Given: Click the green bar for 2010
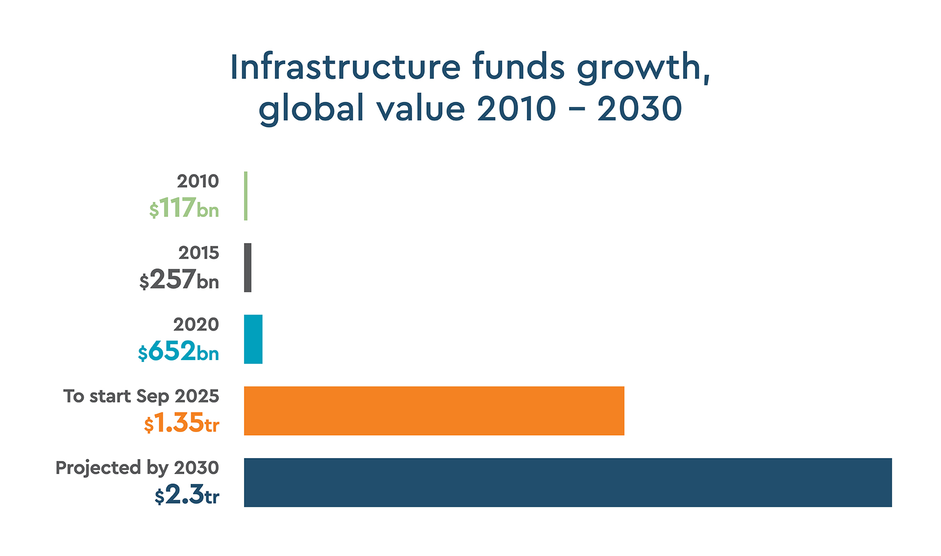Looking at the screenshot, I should click(x=246, y=196).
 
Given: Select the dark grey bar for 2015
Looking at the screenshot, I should click(x=248, y=267).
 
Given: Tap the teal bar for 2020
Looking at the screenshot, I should click(x=253, y=339).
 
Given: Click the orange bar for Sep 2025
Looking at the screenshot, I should click(x=434, y=411).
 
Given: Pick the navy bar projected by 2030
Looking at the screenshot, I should click(x=568, y=482).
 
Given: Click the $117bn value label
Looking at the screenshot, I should click(x=184, y=209).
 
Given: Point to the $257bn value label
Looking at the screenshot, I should click(x=179, y=280).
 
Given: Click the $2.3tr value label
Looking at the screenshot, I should click(x=187, y=495).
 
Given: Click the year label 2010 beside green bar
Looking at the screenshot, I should click(x=198, y=181).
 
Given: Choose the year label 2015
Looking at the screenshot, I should click(x=198, y=253).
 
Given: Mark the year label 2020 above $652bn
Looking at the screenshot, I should click(x=196, y=324).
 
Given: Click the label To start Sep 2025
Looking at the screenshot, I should click(x=141, y=396).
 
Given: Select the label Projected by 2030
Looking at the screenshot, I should click(x=137, y=468).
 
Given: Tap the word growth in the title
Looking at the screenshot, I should click(x=642, y=68).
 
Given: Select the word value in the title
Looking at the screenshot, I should click(x=421, y=108).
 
